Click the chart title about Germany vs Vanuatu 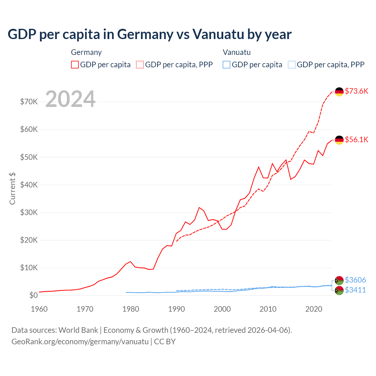click(150, 34)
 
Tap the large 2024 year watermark click(70, 99)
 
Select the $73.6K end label click(356, 91)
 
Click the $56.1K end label click(356, 140)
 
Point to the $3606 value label click(355, 280)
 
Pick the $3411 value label click(355, 290)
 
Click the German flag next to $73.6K click(339, 92)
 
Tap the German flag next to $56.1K click(339, 140)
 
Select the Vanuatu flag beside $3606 click(339, 281)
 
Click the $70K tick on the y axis click(29, 102)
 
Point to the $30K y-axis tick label click(29, 212)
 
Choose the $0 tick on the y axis click(33, 295)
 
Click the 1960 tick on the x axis click(39, 309)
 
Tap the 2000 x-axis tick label click(222, 309)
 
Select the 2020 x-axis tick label click(314, 309)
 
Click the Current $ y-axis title click(12, 189)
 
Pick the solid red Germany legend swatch click(75, 65)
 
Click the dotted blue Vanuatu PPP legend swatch click(292, 65)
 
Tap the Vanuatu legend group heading click(236, 52)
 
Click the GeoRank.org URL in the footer click(80, 342)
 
